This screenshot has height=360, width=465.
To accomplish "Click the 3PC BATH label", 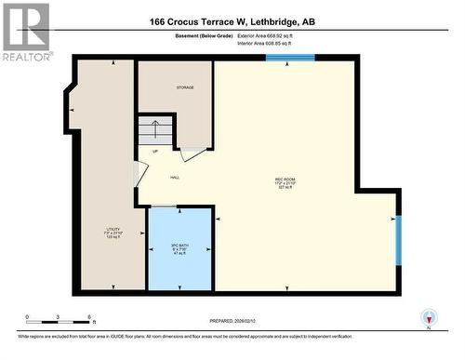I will (x=179, y=247).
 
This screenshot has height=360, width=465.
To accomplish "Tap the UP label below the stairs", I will (x=154, y=151).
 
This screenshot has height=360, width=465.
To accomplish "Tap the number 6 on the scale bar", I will (x=88, y=317).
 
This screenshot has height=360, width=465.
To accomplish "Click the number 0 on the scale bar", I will (x=28, y=317).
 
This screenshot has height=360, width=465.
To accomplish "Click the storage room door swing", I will (x=192, y=153).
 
